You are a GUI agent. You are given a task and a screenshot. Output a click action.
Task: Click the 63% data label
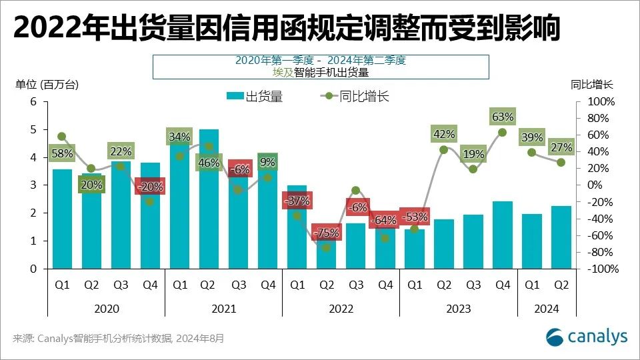click(503, 117)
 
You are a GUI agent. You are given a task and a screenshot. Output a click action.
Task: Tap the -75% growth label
click(327, 233)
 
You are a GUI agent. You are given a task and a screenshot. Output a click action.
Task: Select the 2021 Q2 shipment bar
click(209, 200)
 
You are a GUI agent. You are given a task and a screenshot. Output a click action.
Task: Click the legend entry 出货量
click(255, 97)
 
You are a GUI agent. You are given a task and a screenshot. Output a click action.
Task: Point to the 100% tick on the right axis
click(603, 101)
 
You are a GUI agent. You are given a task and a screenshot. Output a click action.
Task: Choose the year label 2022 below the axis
click(341, 309)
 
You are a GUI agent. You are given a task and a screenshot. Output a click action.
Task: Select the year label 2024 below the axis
click(546, 309)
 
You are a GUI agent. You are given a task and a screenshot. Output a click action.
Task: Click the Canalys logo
click(587, 337)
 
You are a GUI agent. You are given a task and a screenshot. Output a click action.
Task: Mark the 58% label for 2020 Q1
click(62, 153)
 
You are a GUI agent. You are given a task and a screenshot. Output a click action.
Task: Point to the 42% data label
click(444, 134)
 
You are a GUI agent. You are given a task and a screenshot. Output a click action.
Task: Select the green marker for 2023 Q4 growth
click(503, 132)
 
